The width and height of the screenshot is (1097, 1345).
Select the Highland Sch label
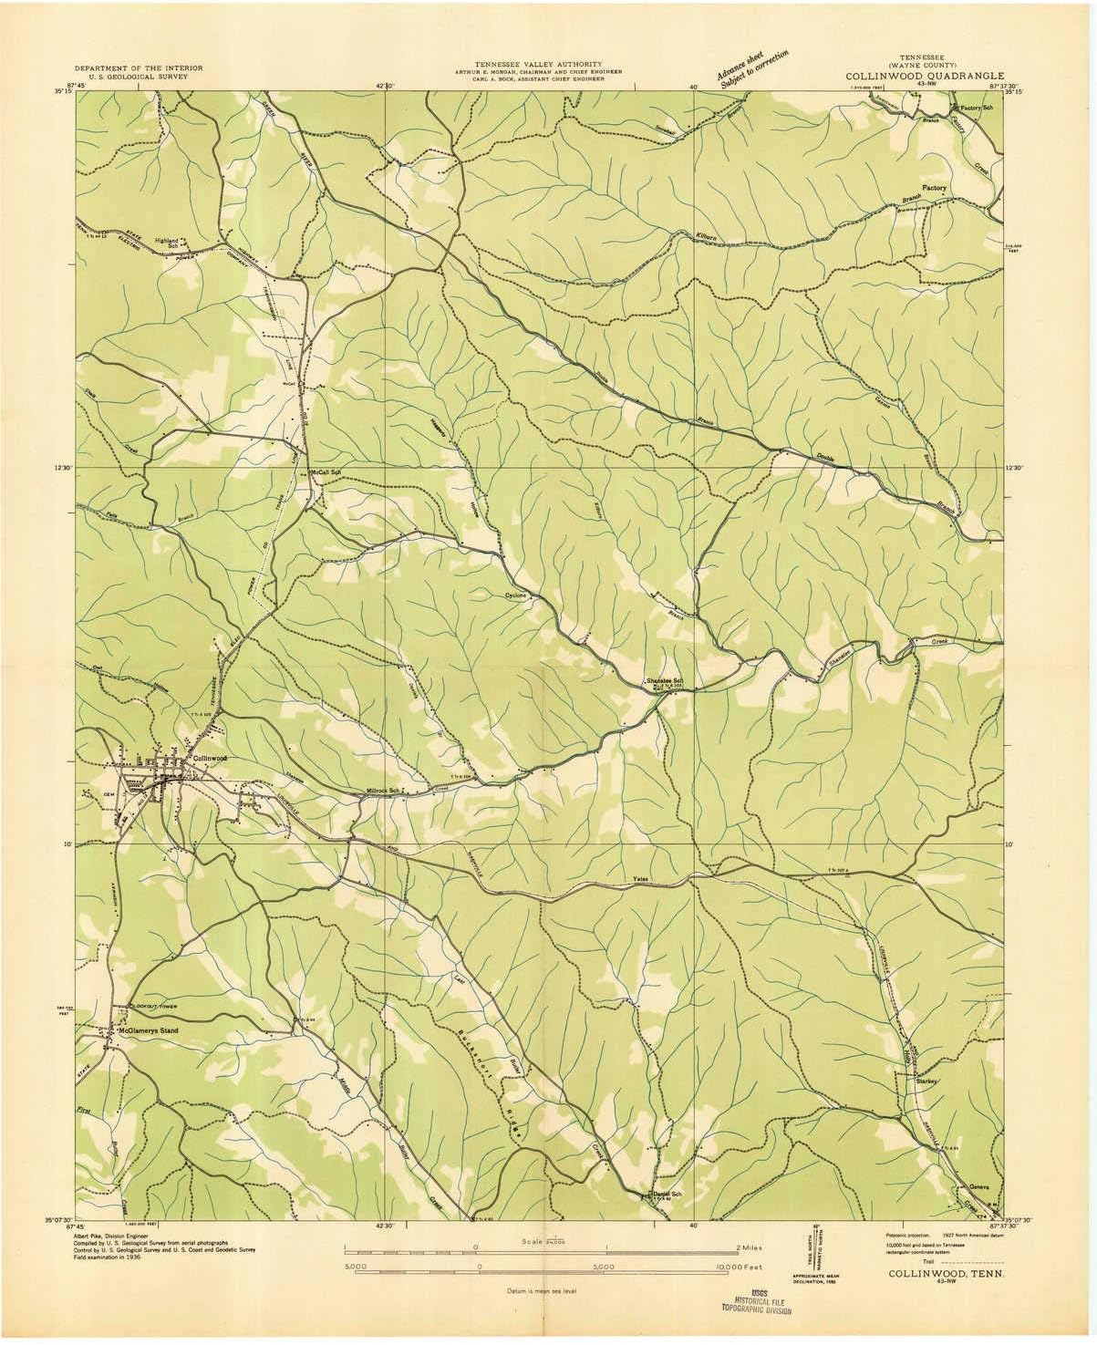pos(167,243)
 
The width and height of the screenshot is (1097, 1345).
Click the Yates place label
pos(641,880)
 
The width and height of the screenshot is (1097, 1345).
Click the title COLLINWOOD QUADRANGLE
pos(923,76)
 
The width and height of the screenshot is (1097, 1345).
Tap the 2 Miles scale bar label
pos(748,1247)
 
